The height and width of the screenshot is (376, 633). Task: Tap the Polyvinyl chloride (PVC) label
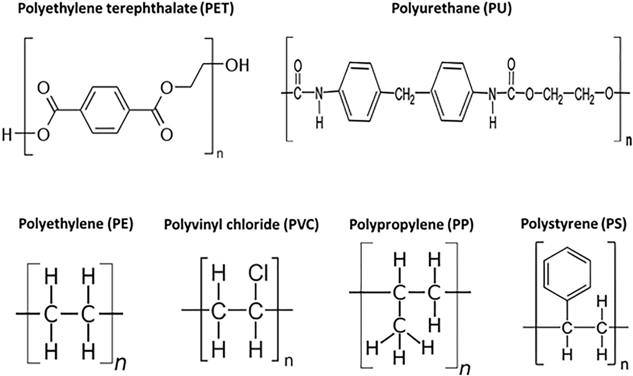[x=241, y=225]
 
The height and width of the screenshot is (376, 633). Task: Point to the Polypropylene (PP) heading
[x=411, y=225]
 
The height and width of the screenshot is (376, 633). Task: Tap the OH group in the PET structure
[x=237, y=65]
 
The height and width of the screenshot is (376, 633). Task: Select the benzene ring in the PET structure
[x=105, y=110]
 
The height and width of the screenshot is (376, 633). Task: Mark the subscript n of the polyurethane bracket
[x=629, y=141]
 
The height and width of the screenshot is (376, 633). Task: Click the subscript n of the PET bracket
[x=220, y=153]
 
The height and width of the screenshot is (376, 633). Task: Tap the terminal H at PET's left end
[x=7, y=135]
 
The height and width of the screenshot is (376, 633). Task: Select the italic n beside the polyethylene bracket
[x=120, y=364]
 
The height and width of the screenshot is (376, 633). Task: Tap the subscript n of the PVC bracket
[x=289, y=362]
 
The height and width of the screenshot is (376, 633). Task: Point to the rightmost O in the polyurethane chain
[x=609, y=94]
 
